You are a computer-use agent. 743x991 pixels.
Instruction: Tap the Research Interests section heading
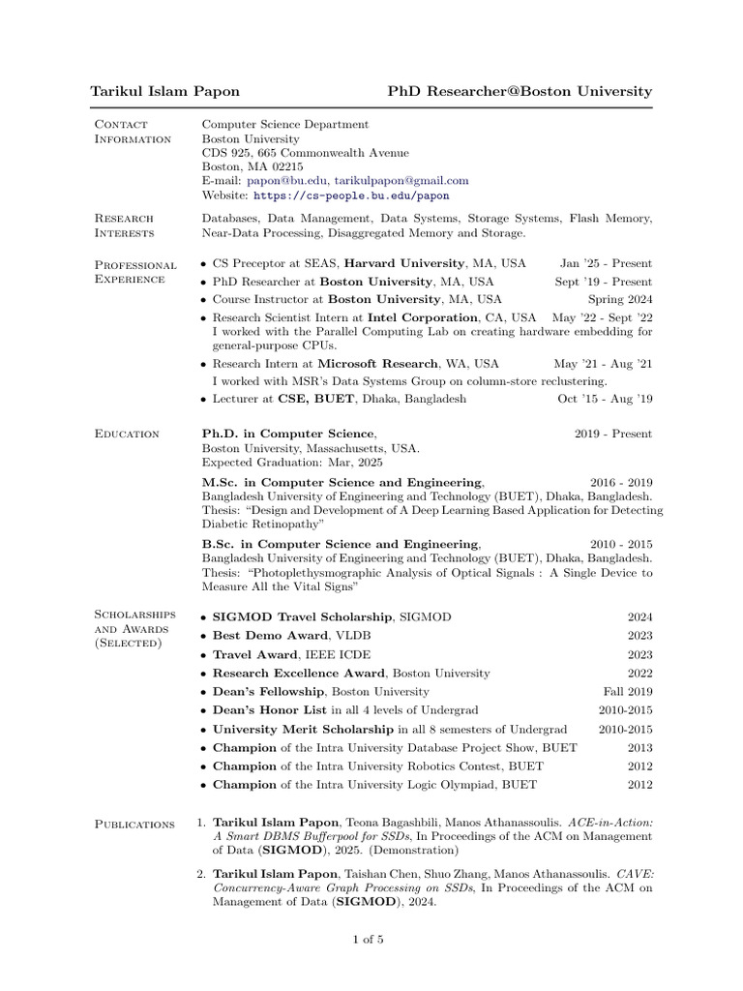tap(134, 225)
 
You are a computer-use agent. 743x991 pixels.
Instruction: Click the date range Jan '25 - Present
tap(606, 263)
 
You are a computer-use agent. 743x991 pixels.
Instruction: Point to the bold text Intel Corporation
tap(423, 317)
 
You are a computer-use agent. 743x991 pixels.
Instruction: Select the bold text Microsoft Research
tap(377, 364)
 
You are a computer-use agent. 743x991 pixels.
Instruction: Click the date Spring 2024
tap(620, 299)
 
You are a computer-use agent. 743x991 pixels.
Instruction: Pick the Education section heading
tap(127, 434)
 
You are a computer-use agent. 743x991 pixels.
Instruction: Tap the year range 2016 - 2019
tap(621, 482)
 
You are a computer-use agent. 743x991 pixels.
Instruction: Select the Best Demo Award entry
tap(253, 635)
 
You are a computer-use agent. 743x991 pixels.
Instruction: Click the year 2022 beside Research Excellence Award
tap(639, 673)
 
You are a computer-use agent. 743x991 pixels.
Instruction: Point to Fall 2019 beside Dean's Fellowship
tap(628, 691)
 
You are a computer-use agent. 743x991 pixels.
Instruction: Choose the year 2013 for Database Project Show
tap(639, 747)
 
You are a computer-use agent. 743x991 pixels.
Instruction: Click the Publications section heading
tap(134, 824)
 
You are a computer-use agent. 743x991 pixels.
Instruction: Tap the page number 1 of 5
tap(371, 939)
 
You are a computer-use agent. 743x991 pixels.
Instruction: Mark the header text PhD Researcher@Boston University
tap(520, 91)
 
